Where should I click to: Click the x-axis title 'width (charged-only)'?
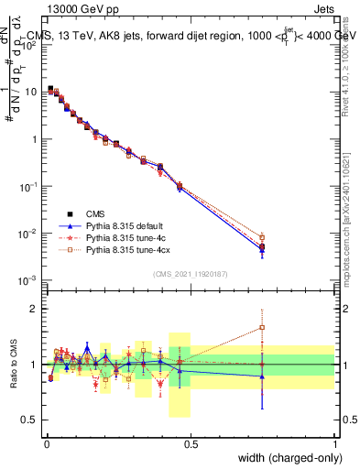[285, 458]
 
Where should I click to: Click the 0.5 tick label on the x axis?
[191, 442]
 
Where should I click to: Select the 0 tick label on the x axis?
[46, 442]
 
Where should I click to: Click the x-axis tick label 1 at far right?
[334, 442]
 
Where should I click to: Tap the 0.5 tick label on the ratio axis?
[30, 420]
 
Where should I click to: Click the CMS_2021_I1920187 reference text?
[190, 274]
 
